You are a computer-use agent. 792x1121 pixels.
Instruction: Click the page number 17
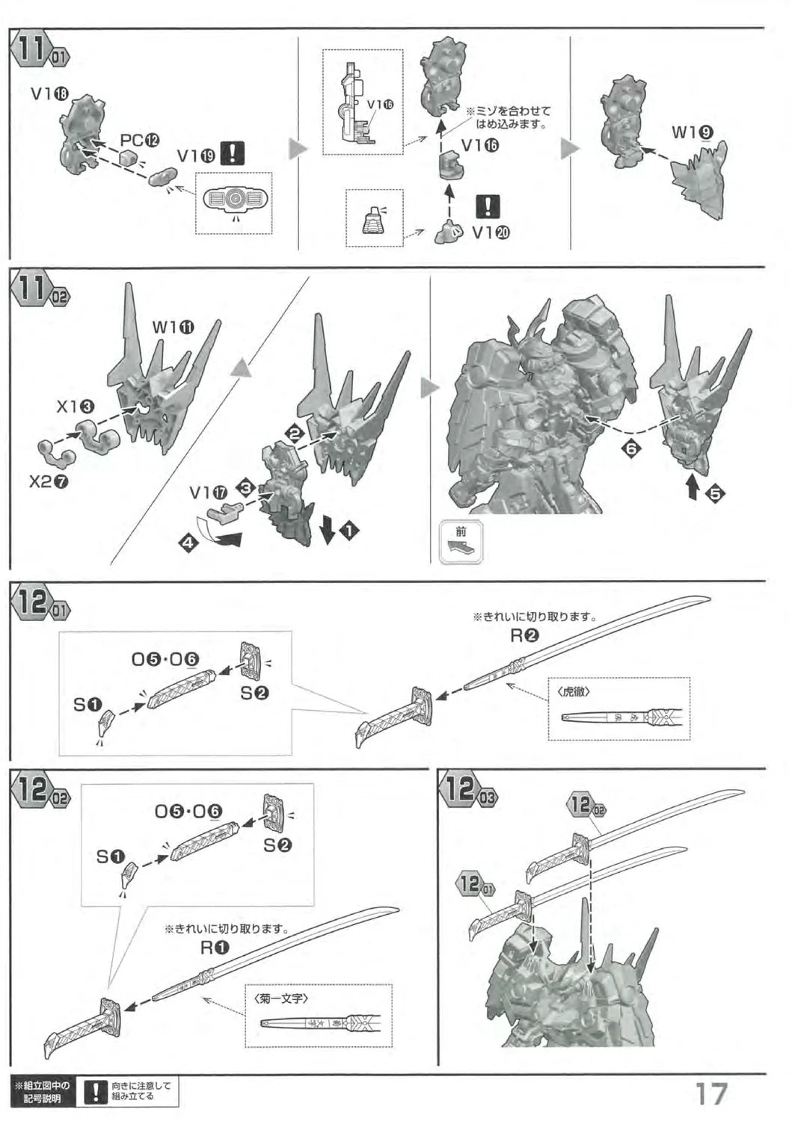pyautogui.click(x=711, y=1093)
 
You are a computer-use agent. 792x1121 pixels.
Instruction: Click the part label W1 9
pyautogui.click(x=692, y=132)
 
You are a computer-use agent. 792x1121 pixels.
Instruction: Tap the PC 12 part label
pyautogui.click(x=140, y=140)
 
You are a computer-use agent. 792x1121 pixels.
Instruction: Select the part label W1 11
pyautogui.click(x=173, y=327)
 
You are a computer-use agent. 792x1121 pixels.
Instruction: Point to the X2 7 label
pyautogui.click(x=49, y=481)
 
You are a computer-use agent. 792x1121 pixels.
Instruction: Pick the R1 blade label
pyautogui.click(x=215, y=948)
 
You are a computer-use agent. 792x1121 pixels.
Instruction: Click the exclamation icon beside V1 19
pyautogui.click(x=235, y=155)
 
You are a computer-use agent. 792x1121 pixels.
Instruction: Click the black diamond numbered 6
pyautogui.click(x=630, y=448)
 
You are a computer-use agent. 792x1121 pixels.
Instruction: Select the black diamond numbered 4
pyautogui.click(x=188, y=544)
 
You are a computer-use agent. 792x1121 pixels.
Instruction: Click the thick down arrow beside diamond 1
pyautogui.click(x=327, y=529)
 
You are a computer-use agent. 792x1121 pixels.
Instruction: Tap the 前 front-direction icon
pyautogui.click(x=461, y=542)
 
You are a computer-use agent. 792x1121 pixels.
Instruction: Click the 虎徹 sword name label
pyautogui.click(x=574, y=692)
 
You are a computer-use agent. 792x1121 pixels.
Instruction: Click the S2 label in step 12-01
pyautogui.click(x=254, y=693)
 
